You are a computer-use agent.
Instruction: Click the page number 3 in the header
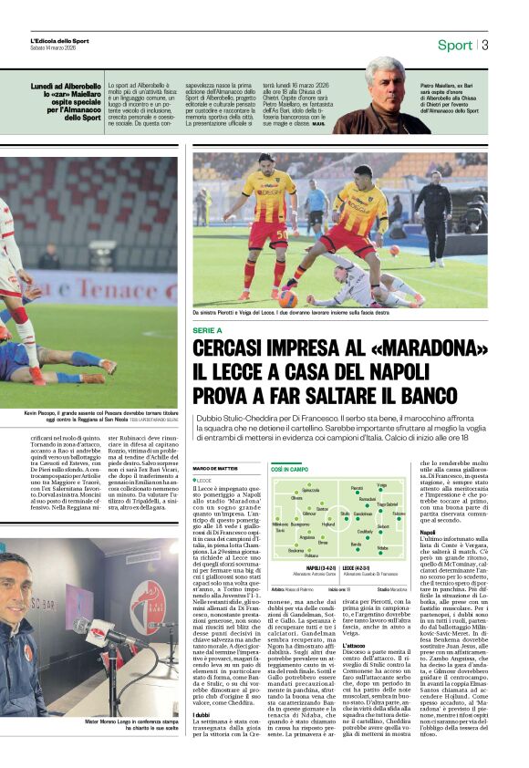click(486, 45)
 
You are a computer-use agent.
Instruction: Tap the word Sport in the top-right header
click(454, 45)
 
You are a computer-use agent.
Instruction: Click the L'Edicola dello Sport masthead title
click(59, 41)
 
